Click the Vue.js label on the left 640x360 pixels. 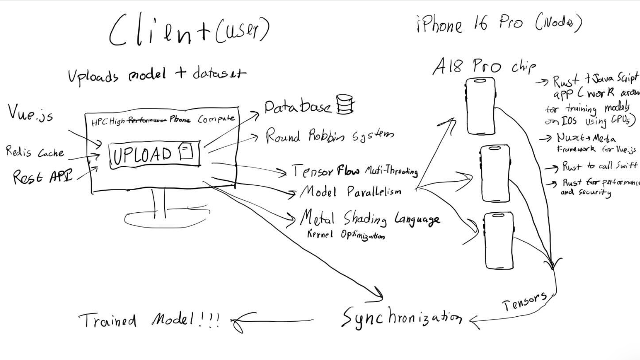(x=30, y=113)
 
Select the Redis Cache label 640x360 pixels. (x=35, y=152)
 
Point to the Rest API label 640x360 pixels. (x=42, y=176)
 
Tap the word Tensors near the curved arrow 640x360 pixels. (x=524, y=302)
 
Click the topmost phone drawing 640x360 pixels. (x=480, y=106)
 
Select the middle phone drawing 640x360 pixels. (x=495, y=173)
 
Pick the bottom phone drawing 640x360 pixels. (x=499, y=240)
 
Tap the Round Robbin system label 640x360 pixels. (x=329, y=136)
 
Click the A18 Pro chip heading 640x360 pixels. (x=484, y=66)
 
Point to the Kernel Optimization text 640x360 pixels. (x=345, y=235)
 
